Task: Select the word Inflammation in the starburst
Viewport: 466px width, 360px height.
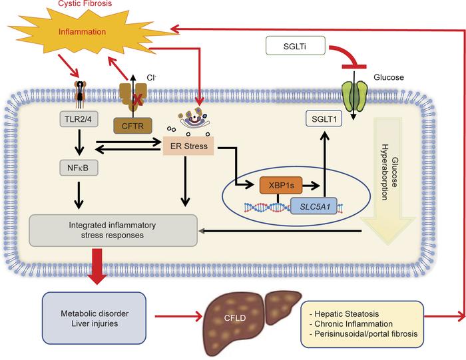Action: pos(81,31)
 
